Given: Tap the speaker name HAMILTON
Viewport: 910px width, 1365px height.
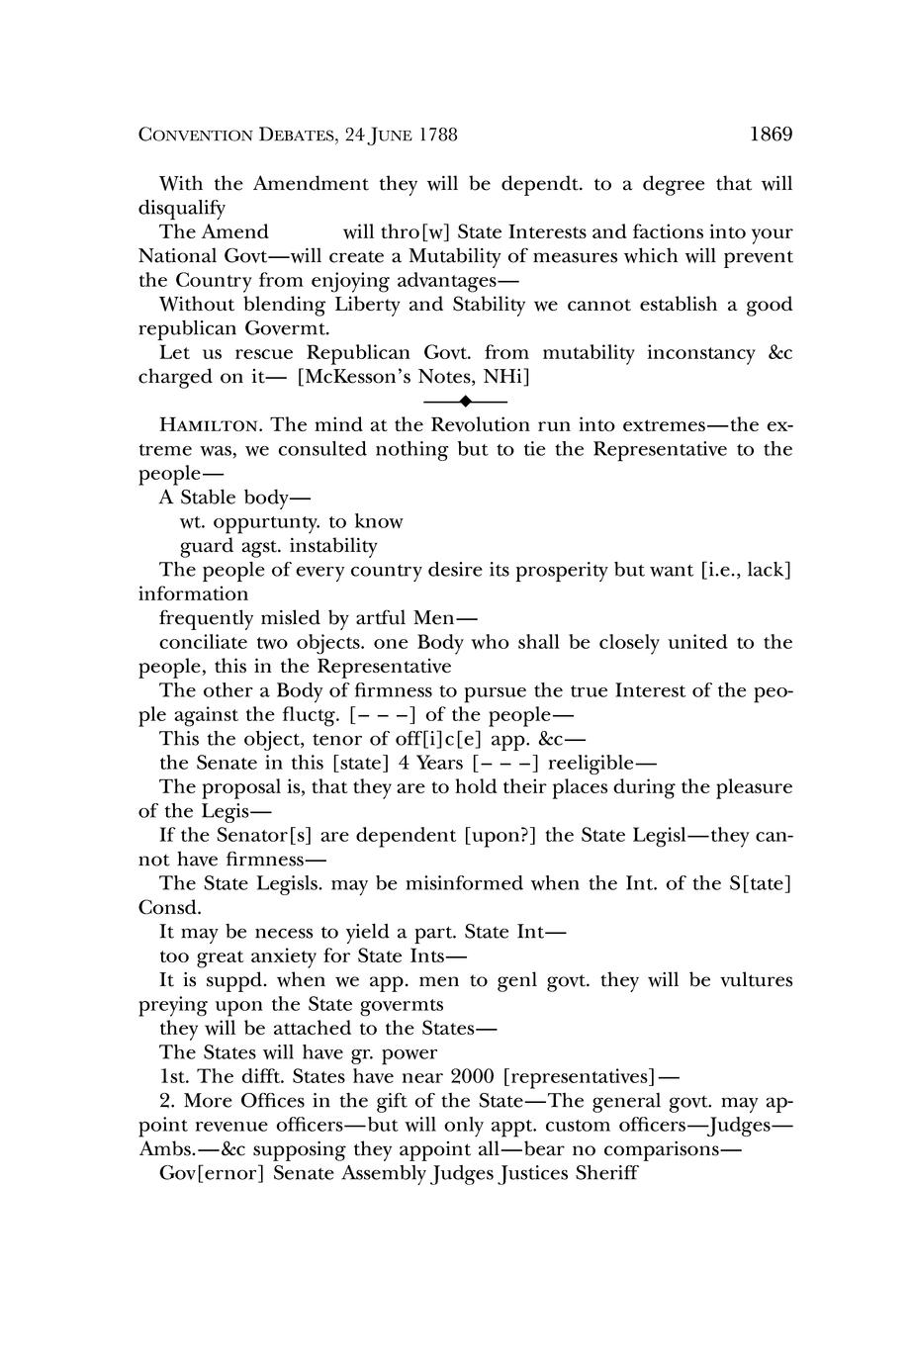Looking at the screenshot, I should pos(210,425).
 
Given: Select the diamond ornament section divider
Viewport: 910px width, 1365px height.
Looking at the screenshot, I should pos(465,401).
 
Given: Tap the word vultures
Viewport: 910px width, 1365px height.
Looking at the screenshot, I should pos(756,979).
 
